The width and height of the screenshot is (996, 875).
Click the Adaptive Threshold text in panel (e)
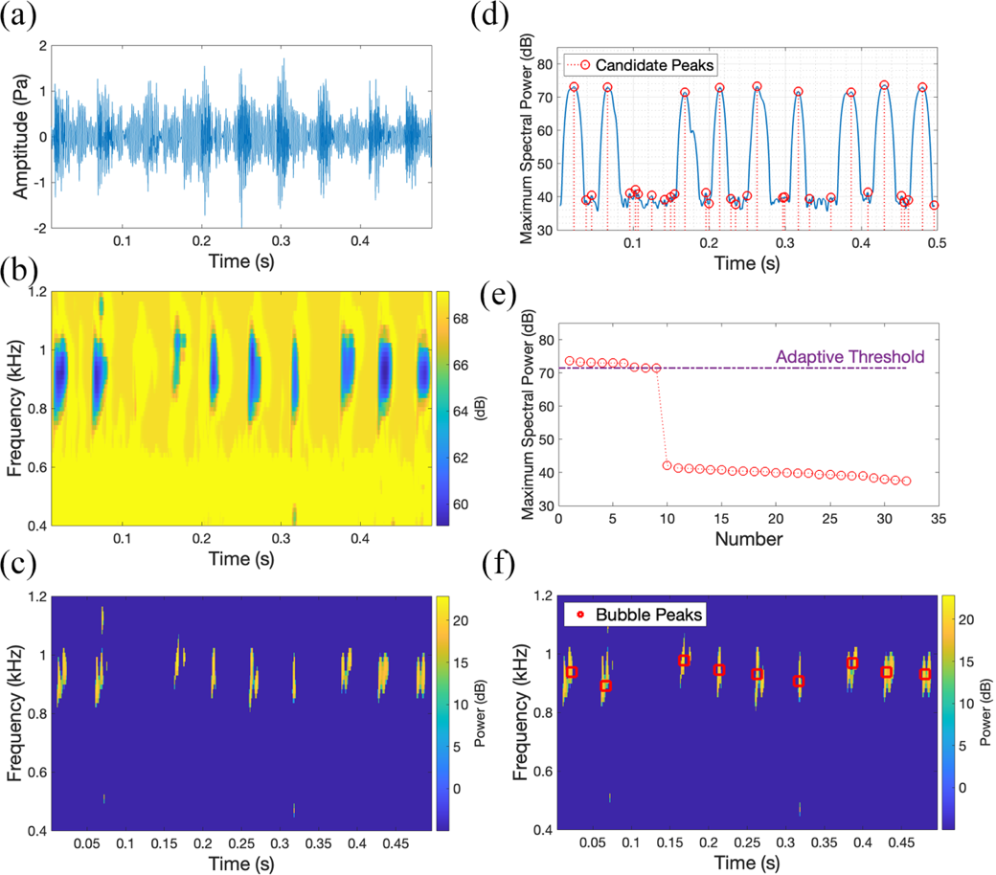[842, 357]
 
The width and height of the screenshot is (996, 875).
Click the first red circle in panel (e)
[570, 361]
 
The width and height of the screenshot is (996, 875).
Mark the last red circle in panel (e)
[906, 481]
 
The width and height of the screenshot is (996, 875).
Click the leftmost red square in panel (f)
[571, 672]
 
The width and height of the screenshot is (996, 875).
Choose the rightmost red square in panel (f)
[925, 674]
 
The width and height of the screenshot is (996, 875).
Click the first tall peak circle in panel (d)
[574, 87]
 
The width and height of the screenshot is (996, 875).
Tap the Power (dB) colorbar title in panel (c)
[490, 712]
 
